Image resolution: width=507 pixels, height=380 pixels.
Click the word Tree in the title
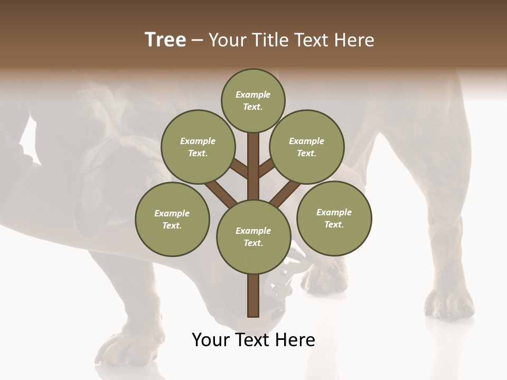165,40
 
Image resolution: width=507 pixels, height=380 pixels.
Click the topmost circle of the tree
253,100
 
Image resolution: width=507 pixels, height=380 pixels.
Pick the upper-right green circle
306,147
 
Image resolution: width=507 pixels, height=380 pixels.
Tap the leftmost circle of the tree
172,219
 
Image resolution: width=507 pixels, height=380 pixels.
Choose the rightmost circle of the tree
334,218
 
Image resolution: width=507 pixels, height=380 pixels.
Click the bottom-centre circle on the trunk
253,236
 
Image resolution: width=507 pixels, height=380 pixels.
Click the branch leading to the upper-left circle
239,169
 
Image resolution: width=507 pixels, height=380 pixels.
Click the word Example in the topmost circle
253,94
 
